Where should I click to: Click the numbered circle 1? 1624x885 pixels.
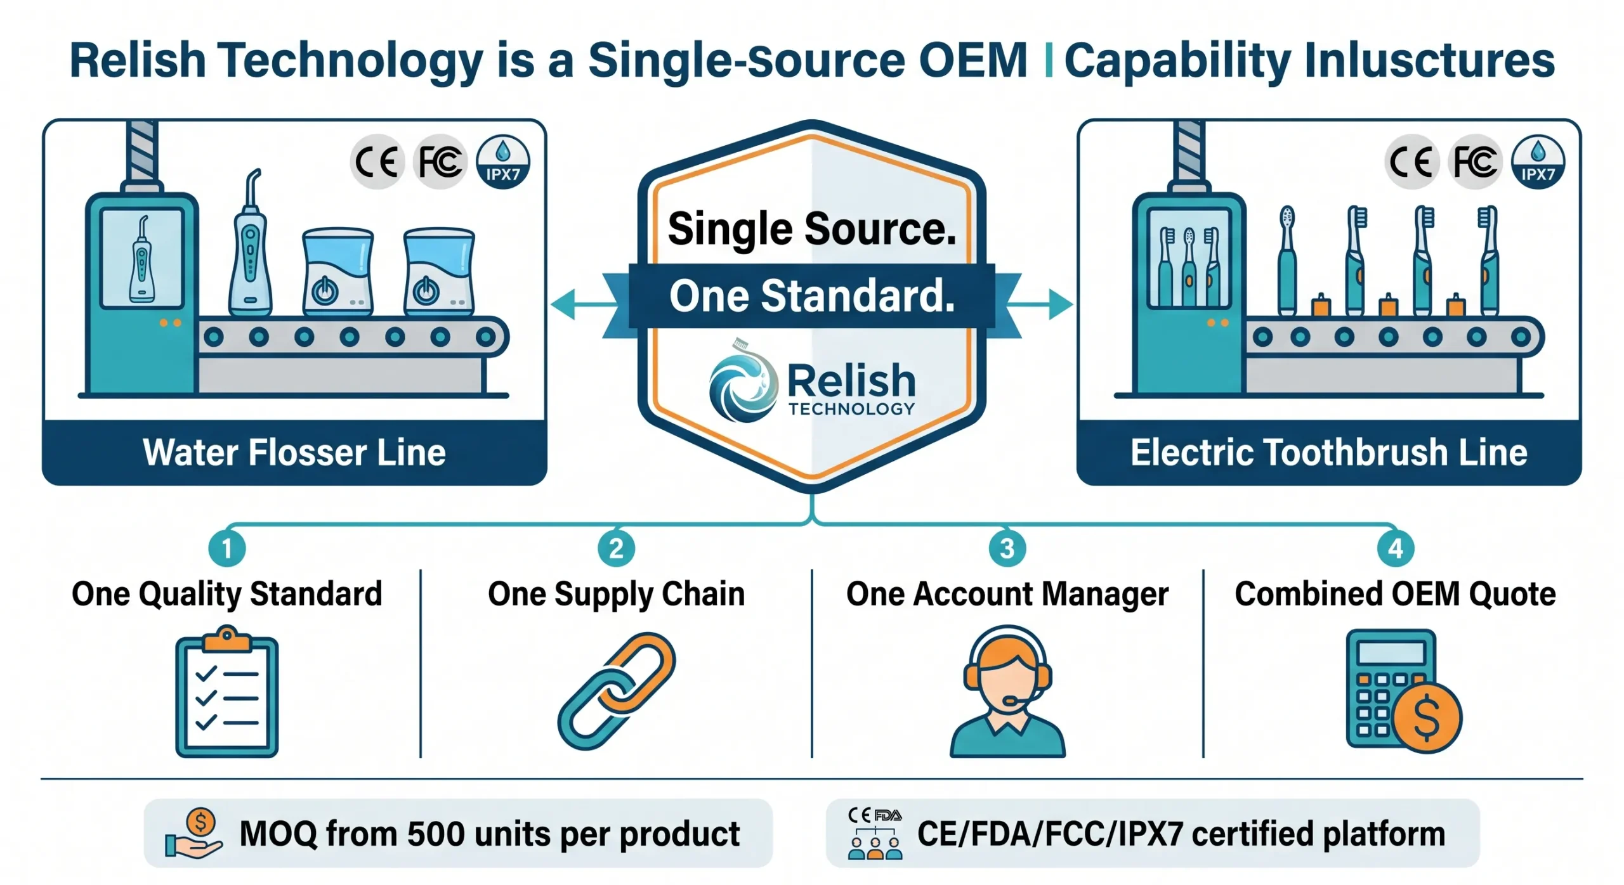[226, 548]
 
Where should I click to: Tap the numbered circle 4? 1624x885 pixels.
[1395, 548]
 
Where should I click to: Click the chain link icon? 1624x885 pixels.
[616, 691]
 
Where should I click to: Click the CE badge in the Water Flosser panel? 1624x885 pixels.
[377, 162]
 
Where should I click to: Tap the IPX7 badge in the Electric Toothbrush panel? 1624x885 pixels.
[1538, 162]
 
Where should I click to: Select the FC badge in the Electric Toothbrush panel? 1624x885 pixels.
[1476, 162]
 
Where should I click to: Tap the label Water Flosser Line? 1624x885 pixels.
[294, 453]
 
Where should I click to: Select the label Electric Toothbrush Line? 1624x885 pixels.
[1328, 453]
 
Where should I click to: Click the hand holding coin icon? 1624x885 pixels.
[193, 834]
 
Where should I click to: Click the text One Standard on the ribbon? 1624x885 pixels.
[812, 296]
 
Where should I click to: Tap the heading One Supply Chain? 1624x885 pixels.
[616, 594]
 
